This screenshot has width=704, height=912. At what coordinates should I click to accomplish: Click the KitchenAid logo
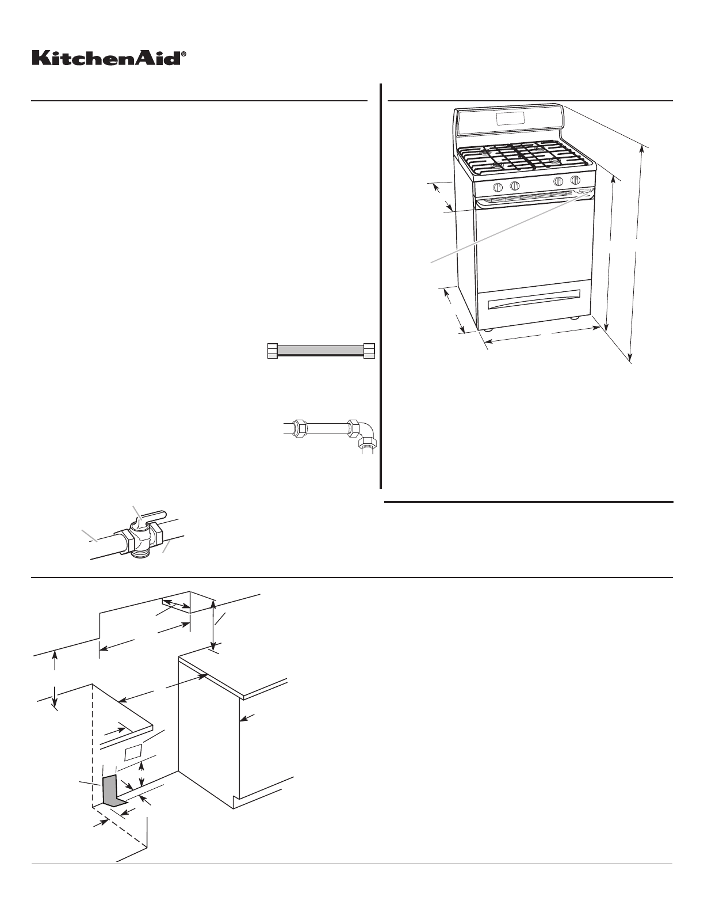pos(106,58)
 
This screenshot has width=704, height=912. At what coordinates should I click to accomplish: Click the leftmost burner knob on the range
pos(498,187)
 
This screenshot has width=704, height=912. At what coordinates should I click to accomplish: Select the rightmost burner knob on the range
pos(575,181)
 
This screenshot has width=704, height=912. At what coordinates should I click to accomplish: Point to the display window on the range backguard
pos(510,118)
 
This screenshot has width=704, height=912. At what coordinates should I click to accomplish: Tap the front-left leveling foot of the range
pos(488,330)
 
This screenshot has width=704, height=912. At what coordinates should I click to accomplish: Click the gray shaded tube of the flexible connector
pos(321,351)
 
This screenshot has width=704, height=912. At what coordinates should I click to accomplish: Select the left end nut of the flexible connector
pos(273,351)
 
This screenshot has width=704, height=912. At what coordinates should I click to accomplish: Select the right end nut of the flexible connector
pos(369,351)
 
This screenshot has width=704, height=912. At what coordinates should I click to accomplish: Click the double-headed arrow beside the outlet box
pos(143,775)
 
